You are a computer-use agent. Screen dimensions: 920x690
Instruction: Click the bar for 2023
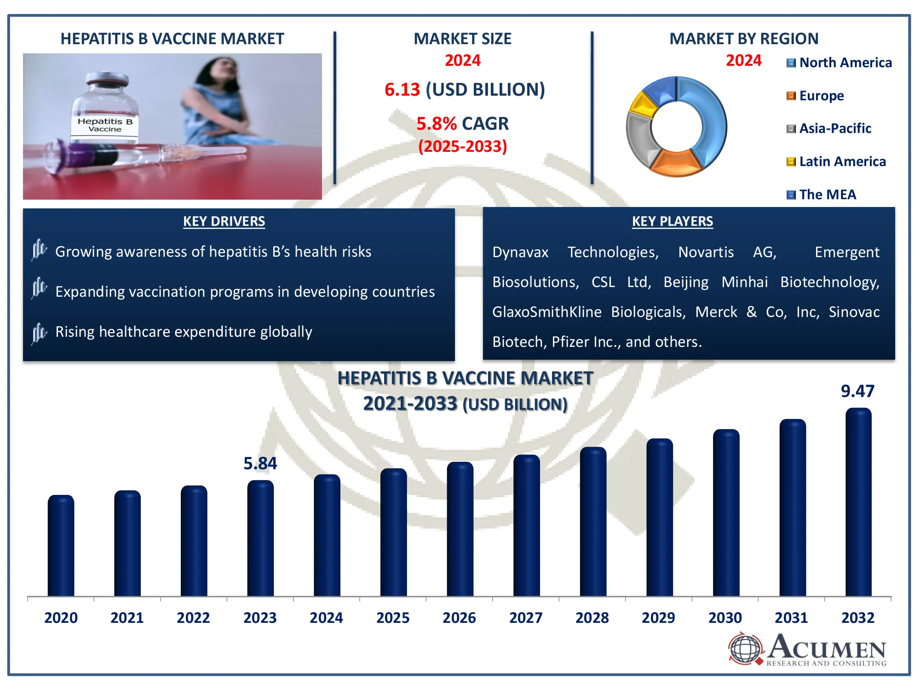click(260, 538)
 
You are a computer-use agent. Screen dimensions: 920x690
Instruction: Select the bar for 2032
click(858, 502)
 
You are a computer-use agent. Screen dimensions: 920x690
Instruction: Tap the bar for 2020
click(61, 546)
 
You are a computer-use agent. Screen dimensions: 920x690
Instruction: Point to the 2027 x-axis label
click(526, 617)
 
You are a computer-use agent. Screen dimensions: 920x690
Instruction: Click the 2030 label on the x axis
click(725, 617)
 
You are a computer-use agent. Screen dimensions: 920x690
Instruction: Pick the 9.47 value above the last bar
click(857, 391)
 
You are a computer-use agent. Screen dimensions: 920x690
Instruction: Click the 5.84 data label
click(260, 463)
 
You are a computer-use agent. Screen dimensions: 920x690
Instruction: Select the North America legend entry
click(839, 63)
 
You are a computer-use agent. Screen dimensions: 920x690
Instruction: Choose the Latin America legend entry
click(836, 161)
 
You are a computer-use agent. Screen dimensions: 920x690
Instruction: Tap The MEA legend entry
click(822, 195)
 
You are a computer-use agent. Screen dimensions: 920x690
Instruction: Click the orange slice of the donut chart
click(677, 163)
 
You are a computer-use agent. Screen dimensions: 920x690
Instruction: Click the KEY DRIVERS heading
click(224, 221)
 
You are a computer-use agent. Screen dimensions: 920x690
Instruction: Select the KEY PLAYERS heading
click(673, 221)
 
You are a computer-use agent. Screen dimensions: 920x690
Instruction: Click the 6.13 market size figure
click(402, 89)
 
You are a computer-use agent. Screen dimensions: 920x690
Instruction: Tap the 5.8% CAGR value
click(436, 123)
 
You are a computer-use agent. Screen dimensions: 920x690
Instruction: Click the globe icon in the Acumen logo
click(745, 649)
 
